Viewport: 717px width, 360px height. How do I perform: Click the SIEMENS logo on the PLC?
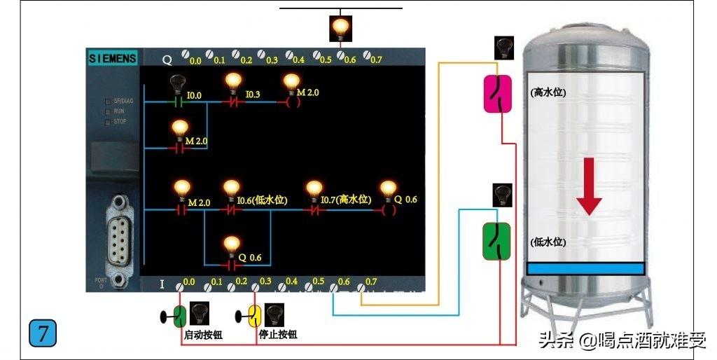[x=113, y=59]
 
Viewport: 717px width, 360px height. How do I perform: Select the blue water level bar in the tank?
[x=585, y=268]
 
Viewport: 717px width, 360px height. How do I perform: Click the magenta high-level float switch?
[x=498, y=94]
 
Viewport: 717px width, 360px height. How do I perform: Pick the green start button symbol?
[x=179, y=316]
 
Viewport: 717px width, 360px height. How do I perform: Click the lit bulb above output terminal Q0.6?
[x=340, y=28]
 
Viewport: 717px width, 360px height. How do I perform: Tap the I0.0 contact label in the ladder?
[x=194, y=95]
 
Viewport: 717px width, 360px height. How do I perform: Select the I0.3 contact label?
[x=253, y=95]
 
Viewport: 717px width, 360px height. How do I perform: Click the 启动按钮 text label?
[x=203, y=335]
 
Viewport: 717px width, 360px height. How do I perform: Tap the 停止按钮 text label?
[x=278, y=335]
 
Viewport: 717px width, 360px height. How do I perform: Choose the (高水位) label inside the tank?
[x=548, y=92]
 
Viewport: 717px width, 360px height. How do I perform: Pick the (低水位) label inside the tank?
[x=548, y=242]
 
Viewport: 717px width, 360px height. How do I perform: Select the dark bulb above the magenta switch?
[x=503, y=48]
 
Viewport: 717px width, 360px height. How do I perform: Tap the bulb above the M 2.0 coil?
[x=292, y=82]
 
